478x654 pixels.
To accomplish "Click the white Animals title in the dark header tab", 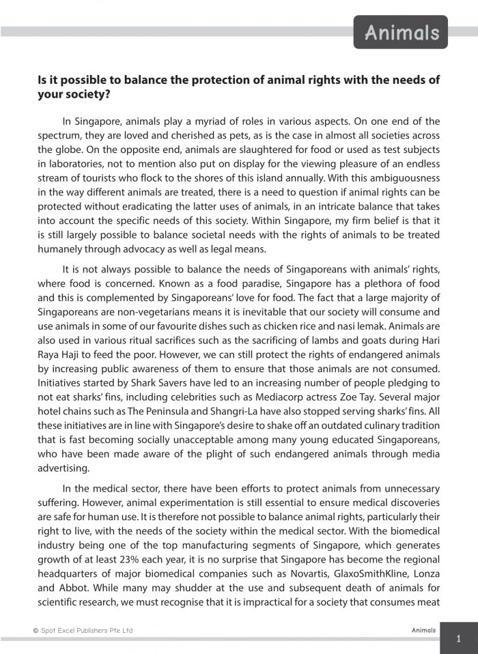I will tap(401, 32).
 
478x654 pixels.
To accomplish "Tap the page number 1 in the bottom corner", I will tap(458, 639).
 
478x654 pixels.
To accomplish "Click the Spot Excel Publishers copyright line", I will tap(83, 630).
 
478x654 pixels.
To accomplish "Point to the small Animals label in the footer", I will tap(423, 630).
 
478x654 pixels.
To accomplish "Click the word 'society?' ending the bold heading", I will tap(74, 95).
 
